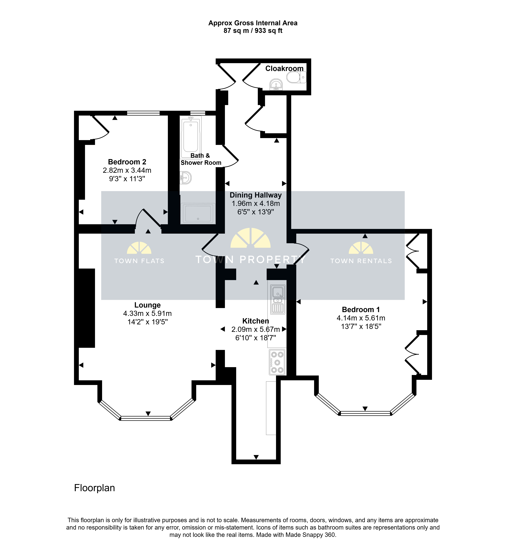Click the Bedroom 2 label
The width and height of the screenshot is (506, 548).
pyautogui.click(x=127, y=162)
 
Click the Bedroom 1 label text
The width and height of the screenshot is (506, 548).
pyautogui.click(x=361, y=309)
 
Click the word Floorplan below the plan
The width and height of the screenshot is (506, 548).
pyautogui.click(x=94, y=488)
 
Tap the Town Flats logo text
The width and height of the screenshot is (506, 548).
pyautogui.click(x=139, y=261)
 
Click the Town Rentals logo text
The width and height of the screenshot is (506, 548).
pyautogui.click(x=361, y=261)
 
